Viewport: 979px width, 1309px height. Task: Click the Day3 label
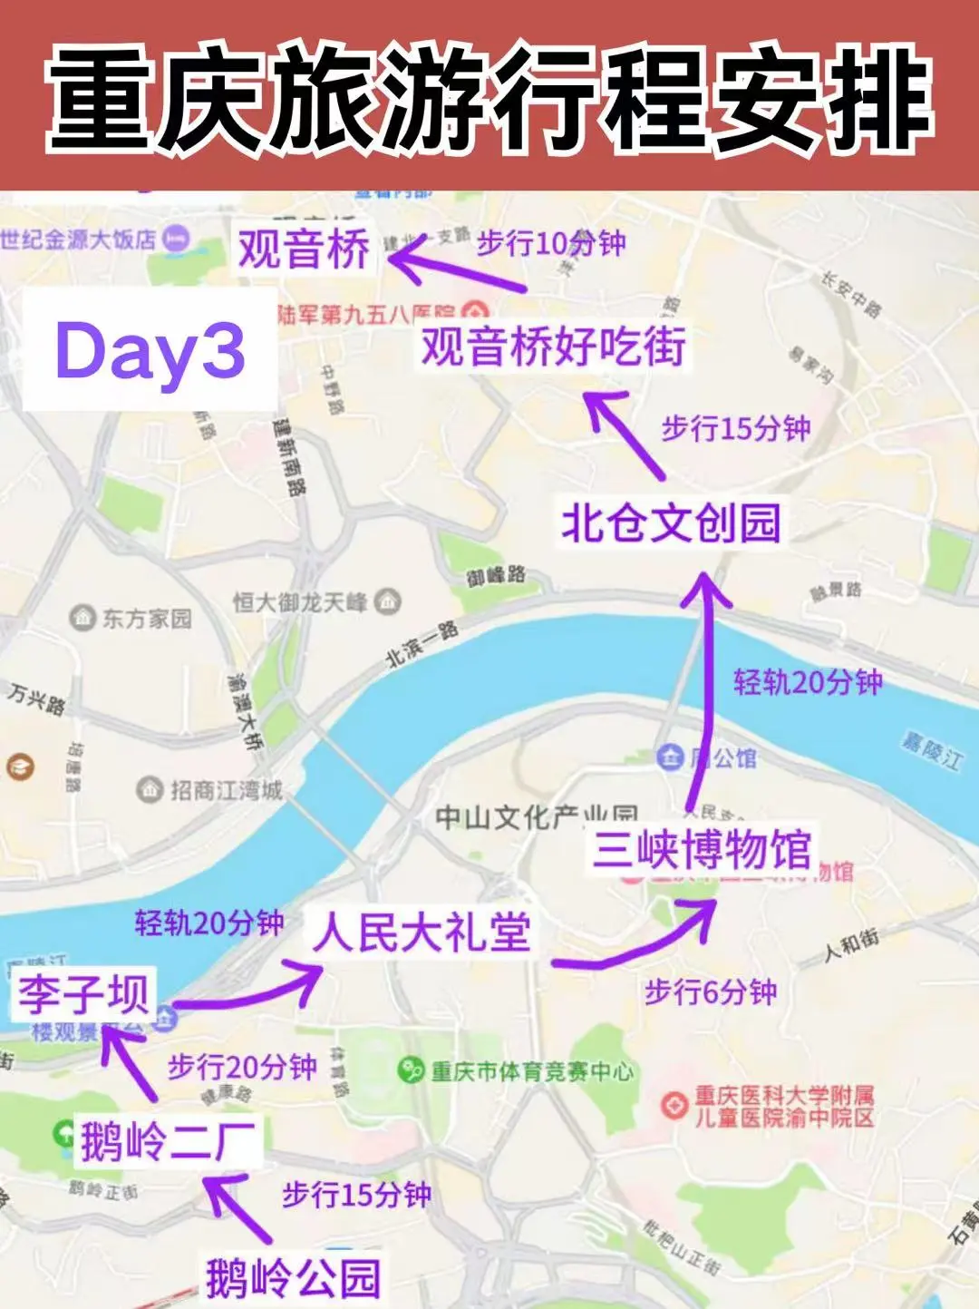150,351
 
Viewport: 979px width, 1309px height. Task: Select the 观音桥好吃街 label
553,347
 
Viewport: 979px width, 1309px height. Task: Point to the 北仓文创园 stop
671,523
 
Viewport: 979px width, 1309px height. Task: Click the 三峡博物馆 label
702,849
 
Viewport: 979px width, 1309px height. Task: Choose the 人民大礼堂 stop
422,933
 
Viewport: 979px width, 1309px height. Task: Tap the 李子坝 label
83,992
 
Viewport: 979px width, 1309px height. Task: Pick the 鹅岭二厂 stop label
169,1140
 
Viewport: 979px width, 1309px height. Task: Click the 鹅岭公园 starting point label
292,1277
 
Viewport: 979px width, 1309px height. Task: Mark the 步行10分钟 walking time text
551,242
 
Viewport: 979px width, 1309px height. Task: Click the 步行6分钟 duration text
711,992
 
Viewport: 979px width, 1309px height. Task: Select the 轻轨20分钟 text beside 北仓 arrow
808,682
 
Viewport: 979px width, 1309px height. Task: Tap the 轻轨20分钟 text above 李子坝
209,923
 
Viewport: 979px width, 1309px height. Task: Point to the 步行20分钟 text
242,1067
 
